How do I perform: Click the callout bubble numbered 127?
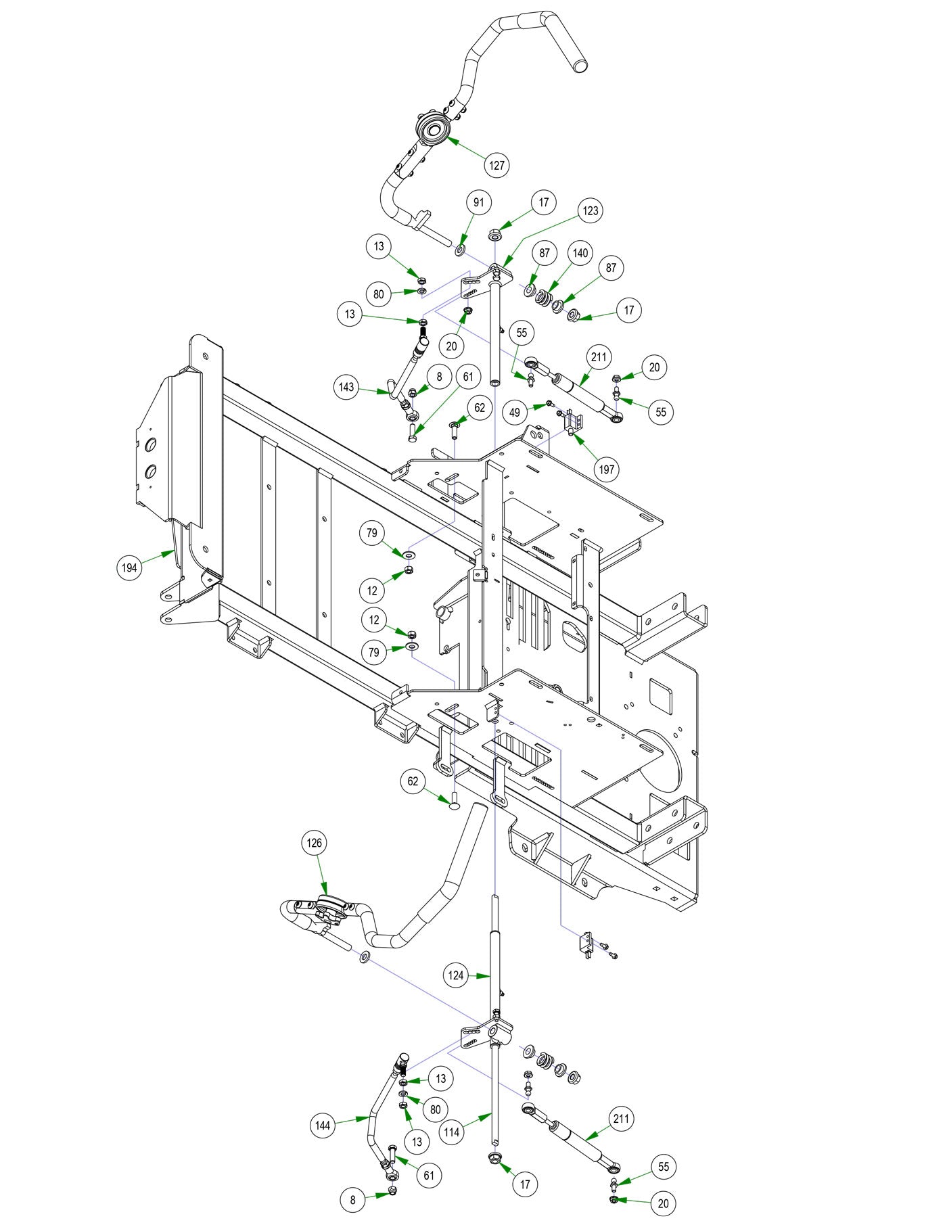pos(497,165)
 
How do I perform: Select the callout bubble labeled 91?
pos(478,202)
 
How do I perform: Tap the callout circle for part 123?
pos(590,211)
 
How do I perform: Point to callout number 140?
pos(580,253)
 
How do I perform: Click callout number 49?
pos(515,413)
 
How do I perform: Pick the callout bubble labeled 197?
pos(607,468)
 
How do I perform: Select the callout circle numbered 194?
pos(129,568)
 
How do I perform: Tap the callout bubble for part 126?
pos(315,843)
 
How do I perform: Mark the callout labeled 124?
pos(456,975)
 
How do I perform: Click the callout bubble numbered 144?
pos(323,1125)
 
